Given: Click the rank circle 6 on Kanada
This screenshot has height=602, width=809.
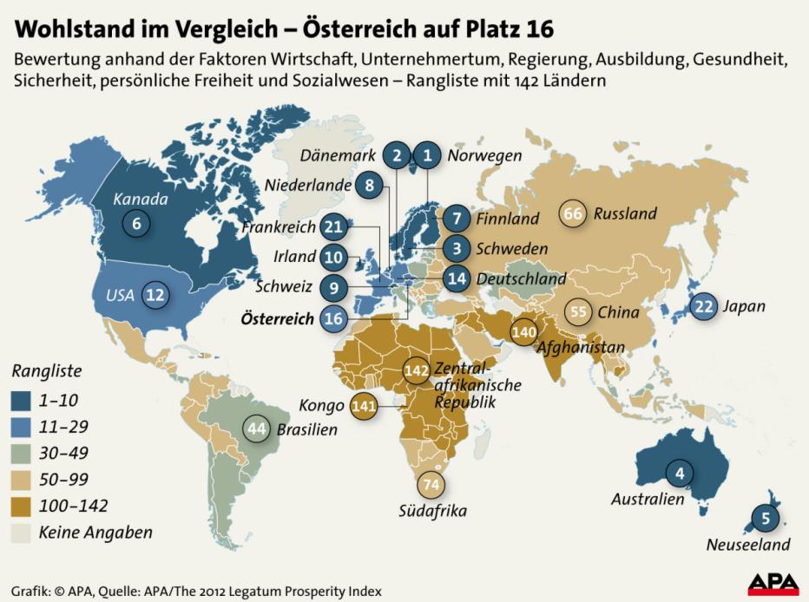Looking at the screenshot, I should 135,223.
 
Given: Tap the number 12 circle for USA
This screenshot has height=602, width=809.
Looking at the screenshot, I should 155,295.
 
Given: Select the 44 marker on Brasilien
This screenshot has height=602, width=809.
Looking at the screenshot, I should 257,429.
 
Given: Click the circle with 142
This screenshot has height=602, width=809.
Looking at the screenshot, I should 417,370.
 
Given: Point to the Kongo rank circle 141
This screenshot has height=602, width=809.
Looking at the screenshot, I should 365,405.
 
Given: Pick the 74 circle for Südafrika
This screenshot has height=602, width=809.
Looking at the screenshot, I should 431,485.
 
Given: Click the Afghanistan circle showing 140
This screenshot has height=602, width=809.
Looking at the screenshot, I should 523,331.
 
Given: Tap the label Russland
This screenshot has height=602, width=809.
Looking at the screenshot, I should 625,213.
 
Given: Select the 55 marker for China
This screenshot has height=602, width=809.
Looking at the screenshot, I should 579,311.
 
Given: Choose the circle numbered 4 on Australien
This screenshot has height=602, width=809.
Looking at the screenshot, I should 680,474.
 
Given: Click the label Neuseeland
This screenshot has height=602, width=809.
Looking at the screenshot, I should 747,545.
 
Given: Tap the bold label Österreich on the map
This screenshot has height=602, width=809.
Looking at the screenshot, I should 277,318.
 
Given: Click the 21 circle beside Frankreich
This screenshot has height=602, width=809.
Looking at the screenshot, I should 333,227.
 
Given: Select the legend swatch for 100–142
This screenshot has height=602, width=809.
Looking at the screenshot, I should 23,507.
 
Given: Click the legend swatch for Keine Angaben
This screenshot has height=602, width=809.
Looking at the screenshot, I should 23,533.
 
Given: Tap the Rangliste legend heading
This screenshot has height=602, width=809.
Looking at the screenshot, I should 47,371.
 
